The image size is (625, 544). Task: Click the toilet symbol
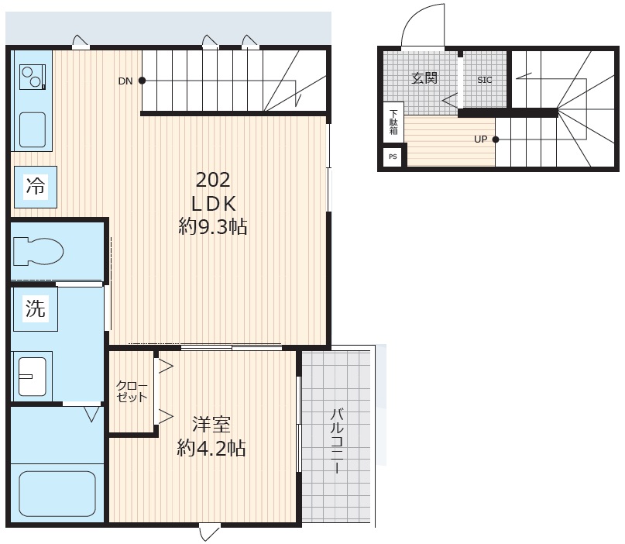[38, 251]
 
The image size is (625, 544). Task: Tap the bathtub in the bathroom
[57, 494]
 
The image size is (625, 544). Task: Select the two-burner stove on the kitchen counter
[33, 77]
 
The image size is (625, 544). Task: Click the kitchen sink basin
[33, 129]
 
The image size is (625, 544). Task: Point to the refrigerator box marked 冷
[36, 187]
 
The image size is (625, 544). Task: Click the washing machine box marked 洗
[36, 308]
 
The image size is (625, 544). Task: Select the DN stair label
[125, 81]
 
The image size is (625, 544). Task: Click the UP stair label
[480, 139]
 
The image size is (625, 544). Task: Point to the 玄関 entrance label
[424, 77]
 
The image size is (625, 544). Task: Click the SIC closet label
[485, 80]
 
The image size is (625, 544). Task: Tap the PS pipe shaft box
[393, 157]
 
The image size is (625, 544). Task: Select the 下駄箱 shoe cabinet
[393, 122]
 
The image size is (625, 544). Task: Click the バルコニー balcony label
[337, 440]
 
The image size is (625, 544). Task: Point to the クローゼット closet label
[132, 391]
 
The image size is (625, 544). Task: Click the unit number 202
[213, 180]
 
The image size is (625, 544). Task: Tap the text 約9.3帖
[213, 227]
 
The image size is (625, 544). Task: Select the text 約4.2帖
[211, 449]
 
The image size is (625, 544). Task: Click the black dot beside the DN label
[142, 81]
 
